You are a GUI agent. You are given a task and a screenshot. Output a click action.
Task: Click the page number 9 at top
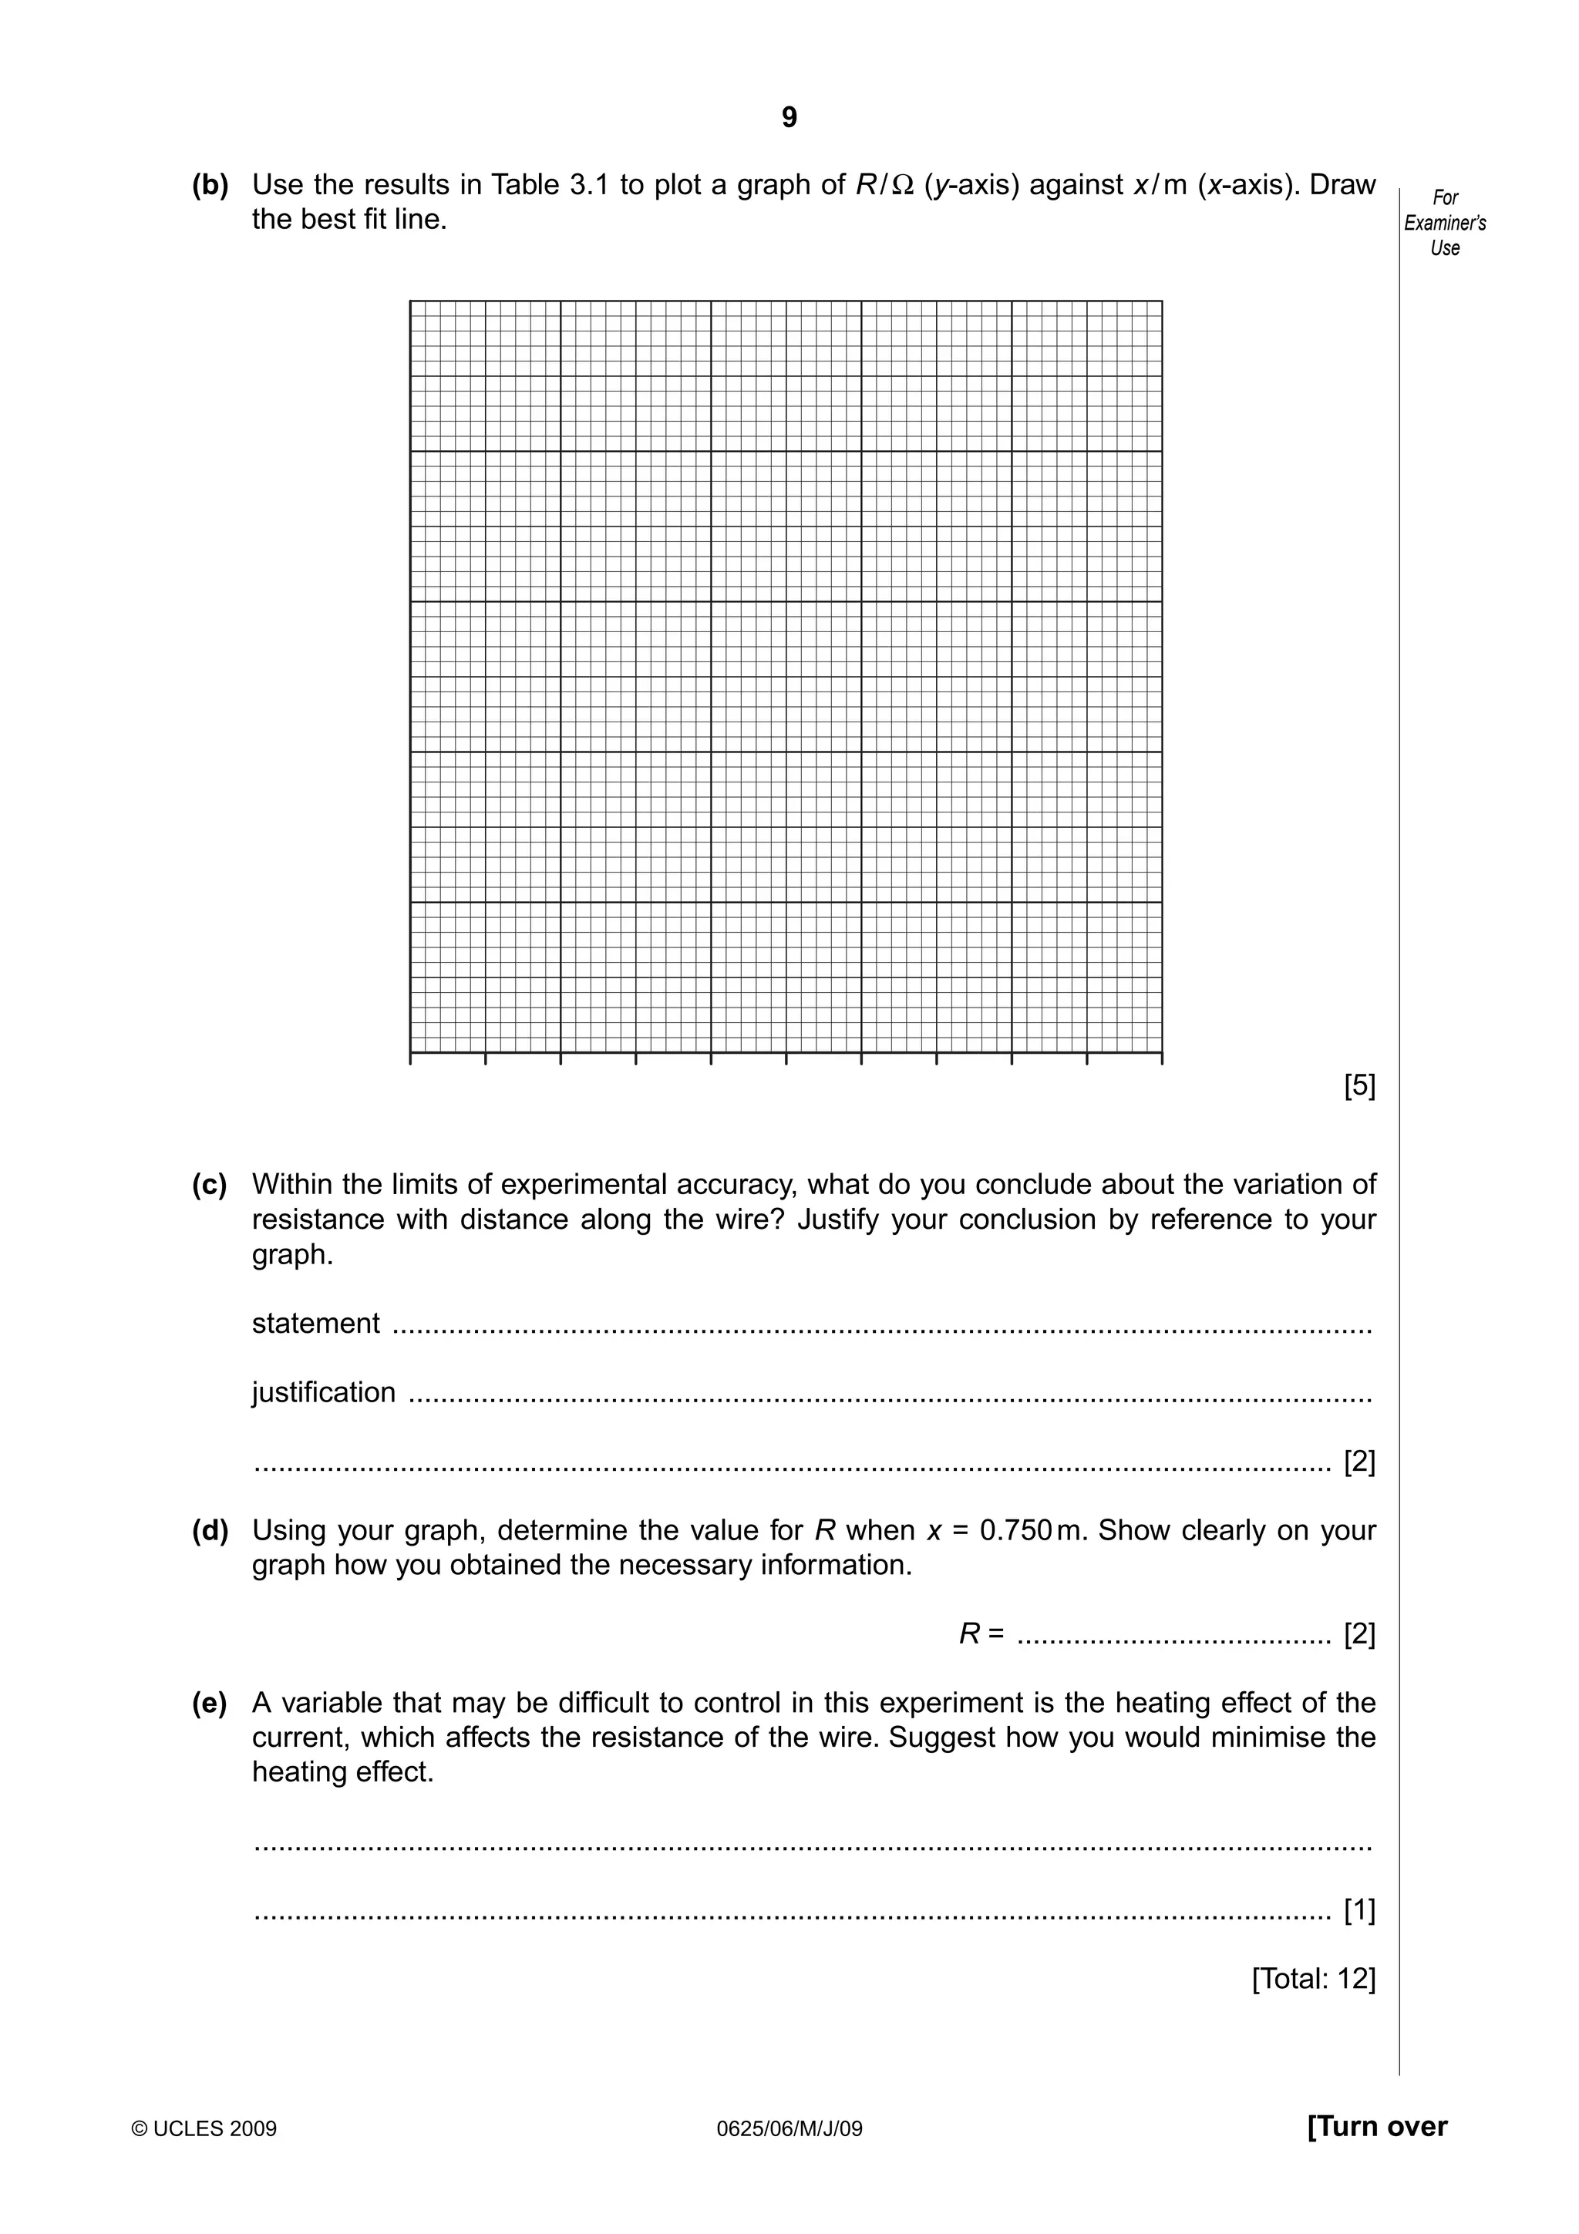pyautogui.click(x=789, y=118)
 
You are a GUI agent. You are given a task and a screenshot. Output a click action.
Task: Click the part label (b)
pyautogui.click(x=210, y=185)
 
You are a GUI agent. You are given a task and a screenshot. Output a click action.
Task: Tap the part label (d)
pyautogui.click(x=210, y=1530)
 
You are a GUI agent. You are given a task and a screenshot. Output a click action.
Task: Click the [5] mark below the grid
pyautogui.click(x=1359, y=1086)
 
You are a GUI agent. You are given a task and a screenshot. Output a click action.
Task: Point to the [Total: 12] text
pyautogui.click(x=1314, y=1979)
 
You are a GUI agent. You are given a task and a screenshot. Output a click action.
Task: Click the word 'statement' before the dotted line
pyautogui.click(x=315, y=1324)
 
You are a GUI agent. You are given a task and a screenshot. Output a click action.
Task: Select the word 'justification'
pyautogui.click(x=324, y=1392)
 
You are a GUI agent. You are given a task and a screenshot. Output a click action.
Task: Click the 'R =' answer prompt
pyautogui.click(x=981, y=1633)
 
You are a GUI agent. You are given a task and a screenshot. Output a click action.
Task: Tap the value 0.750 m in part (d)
pyautogui.click(x=1030, y=1530)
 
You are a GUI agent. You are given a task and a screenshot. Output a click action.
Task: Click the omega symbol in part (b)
pyautogui.click(x=902, y=185)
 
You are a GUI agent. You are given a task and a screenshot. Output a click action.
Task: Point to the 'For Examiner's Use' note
pyautogui.click(x=1445, y=223)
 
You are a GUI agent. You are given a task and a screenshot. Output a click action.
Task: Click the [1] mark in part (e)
pyautogui.click(x=1359, y=1911)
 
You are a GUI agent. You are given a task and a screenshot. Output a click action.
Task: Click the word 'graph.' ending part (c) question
pyautogui.click(x=292, y=1255)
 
